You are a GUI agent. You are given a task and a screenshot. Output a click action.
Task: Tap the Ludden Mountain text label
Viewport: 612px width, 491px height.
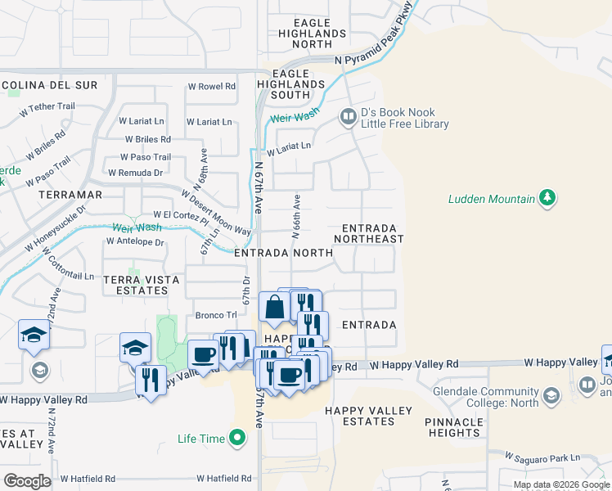pyautogui.click(x=491, y=199)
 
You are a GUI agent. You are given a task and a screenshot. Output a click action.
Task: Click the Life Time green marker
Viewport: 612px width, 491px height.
pyautogui.click(x=237, y=439)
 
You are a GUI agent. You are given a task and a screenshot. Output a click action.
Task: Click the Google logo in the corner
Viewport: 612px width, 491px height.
pyautogui.click(x=27, y=481)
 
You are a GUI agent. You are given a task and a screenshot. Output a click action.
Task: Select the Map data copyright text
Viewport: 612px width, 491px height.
pyautogui.click(x=562, y=484)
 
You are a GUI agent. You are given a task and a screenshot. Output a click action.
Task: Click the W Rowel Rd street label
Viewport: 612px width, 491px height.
pyautogui.click(x=212, y=86)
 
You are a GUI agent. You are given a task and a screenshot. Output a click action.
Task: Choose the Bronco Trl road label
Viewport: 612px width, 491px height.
pyautogui.click(x=215, y=314)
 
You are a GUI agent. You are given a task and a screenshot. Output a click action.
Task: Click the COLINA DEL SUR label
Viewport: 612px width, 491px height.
pyautogui.click(x=52, y=85)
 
